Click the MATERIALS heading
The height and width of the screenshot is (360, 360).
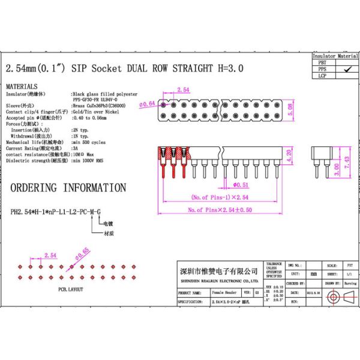[22, 86]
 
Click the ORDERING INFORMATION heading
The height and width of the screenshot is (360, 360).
[60, 188]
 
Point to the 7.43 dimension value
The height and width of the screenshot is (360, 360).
[346, 163]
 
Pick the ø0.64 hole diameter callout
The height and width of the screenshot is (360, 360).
[148, 104]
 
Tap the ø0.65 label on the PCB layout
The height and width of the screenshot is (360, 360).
[82, 252]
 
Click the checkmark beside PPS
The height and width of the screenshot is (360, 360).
[346, 69]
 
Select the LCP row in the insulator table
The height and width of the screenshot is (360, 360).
[322, 76]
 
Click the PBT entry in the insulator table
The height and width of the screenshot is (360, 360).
[322, 62]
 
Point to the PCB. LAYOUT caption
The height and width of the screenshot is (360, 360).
[71, 289]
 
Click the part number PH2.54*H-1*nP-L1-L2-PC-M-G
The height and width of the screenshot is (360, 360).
[55, 211]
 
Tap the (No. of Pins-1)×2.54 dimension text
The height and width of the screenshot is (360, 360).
[220, 197]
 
